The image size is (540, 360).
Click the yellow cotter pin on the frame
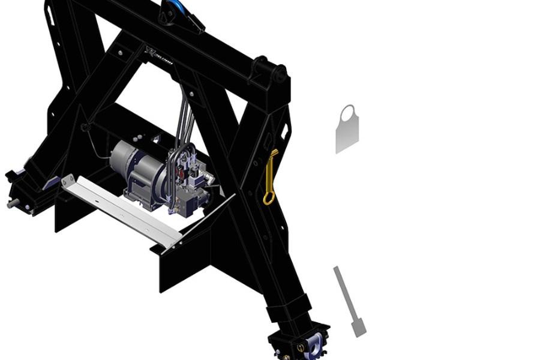[x=271, y=174]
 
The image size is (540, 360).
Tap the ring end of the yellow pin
[x=268, y=197]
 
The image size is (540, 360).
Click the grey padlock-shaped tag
[x=347, y=130]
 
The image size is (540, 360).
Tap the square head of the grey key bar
[x=359, y=328]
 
